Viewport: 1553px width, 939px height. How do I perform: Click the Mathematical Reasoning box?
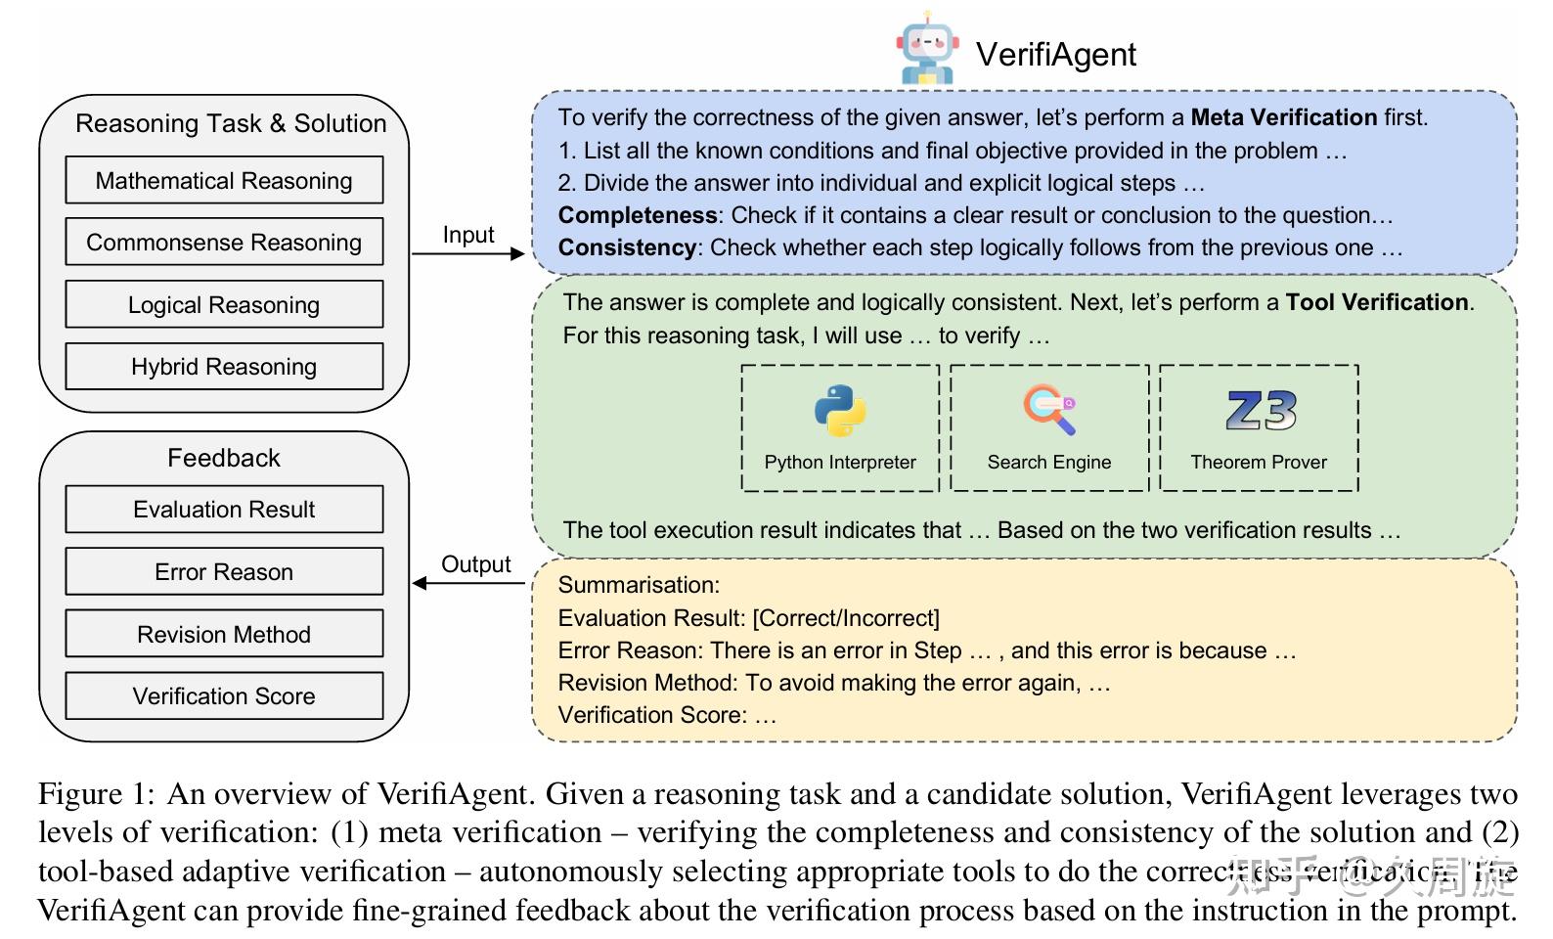tap(224, 181)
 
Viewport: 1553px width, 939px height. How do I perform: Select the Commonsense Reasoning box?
tap(224, 243)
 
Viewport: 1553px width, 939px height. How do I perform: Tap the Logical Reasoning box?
tap(224, 305)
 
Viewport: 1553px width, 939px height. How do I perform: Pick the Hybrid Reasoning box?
tap(224, 367)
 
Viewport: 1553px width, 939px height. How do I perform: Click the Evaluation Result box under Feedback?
tap(224, 510)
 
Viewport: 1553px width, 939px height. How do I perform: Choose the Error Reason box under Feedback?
tap(224, 572)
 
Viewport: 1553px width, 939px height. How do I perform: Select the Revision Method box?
tap(224, 635)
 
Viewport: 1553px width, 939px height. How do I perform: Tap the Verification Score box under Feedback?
tap(224, 696)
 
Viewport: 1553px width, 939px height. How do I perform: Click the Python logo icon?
tap(840, 410)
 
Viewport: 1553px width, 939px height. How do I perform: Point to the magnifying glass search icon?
tap(1049, 409)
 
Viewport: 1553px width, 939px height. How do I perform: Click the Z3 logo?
tap(1261, 411)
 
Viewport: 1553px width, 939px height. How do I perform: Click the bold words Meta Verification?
tap(1283, 117)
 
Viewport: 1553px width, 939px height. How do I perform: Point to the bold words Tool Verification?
tap(1377, 302)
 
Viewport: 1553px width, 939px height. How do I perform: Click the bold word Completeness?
tap(638, 215)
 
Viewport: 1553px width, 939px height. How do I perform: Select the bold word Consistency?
tap(627, 247)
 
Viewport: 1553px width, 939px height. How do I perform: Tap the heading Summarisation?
tap(639, 585)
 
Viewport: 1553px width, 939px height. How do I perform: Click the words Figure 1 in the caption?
tap(95, 793)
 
